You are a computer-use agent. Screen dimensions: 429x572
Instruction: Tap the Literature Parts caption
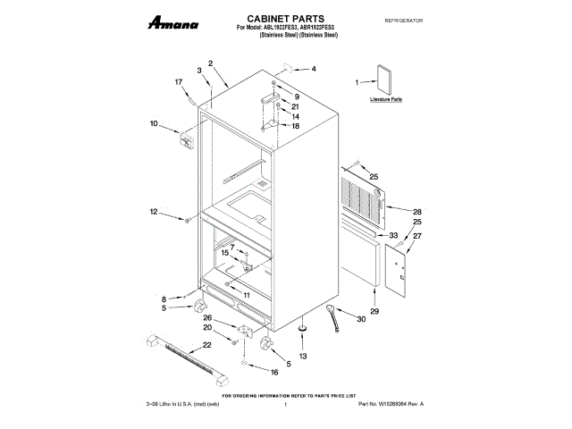[386, 101]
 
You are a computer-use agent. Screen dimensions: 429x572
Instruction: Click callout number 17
[179, 82]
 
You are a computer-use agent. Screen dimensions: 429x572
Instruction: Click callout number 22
[206, 344]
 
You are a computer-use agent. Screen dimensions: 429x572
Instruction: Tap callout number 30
[361, 319]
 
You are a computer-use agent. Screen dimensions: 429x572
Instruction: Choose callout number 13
[302, 356]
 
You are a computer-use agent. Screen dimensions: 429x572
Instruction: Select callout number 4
[313, 69]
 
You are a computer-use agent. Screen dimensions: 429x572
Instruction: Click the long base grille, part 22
[178, 355]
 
